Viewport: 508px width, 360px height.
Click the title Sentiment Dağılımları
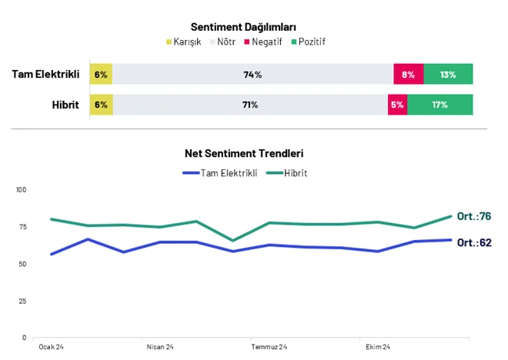[x=243, y=27]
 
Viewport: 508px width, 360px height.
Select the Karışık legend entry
[x=183, y=42]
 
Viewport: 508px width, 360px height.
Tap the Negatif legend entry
[x=263, y=42]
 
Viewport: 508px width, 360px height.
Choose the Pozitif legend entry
[x=308, y=42]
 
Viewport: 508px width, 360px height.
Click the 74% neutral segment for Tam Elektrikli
[x=253, y=74]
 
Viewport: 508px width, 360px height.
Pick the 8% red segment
[x=409, y=74]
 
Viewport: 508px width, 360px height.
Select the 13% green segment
[x=449, y=74]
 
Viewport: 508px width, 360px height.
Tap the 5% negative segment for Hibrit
[x=397, y=105]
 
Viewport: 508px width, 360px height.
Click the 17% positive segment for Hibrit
[x=440, y=105]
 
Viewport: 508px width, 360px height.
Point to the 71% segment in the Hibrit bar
[x=250, y=105]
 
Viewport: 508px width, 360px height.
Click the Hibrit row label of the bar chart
[x=65, y=105]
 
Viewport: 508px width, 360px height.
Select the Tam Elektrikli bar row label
[x=45, y=74]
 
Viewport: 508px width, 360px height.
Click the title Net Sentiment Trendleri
[x=244, y=153]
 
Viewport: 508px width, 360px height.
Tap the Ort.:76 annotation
[x=474, y=216]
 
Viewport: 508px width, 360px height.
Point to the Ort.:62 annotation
[x=474, y=242]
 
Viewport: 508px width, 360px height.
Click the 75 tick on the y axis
[x=22, y=227]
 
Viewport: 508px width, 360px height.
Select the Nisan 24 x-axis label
[x=160, y=347]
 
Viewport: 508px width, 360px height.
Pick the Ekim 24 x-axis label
[x=378, y=347]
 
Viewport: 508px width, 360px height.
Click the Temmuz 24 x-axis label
[x=269, y=347]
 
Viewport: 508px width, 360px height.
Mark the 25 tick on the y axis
[x=22, y=302]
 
